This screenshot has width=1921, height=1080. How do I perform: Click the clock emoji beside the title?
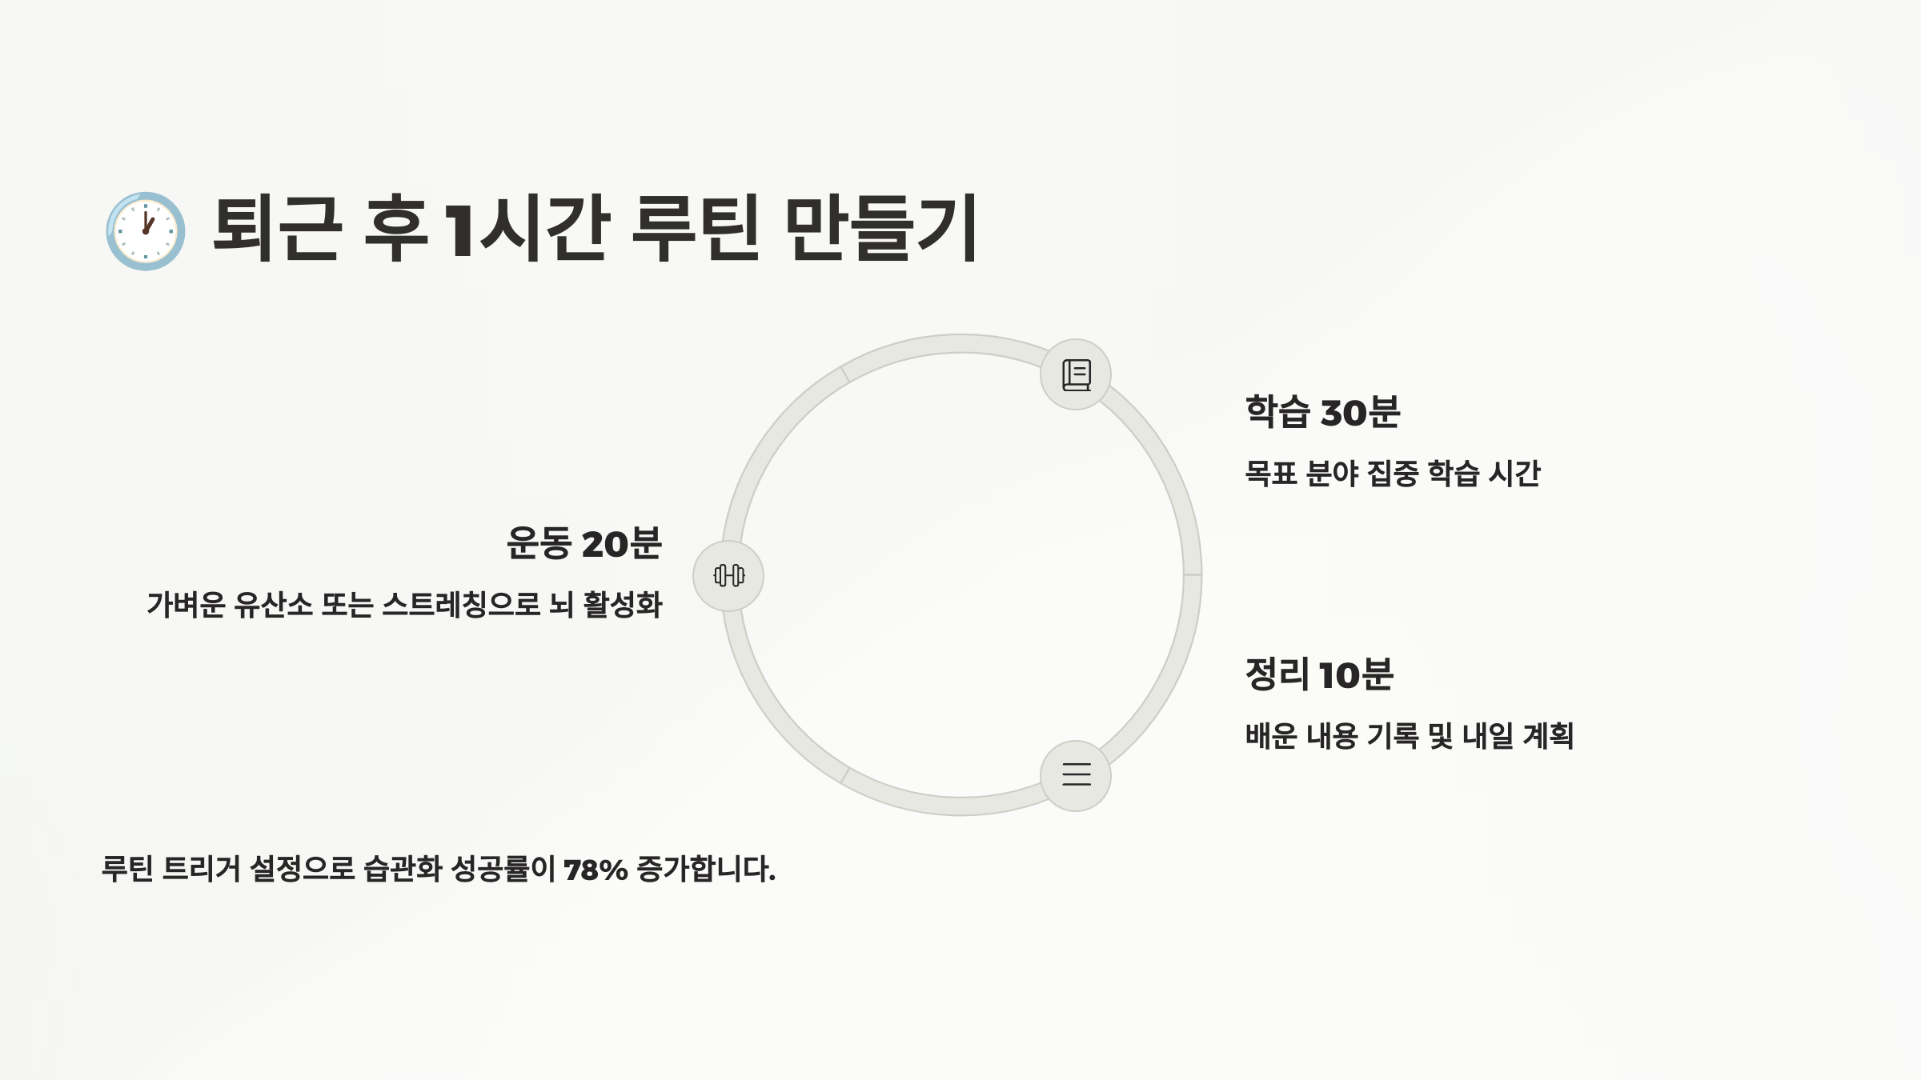(146, 230)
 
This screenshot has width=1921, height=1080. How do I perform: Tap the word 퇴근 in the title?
(277, 229)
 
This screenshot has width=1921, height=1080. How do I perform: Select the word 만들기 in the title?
(880, 229)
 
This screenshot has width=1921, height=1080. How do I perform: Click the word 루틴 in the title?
(695, 229)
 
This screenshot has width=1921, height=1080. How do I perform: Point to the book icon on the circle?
(1076, 374)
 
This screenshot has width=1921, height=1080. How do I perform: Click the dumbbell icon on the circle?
(728, 575)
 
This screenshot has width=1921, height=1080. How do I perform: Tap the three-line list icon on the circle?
(1076, 774)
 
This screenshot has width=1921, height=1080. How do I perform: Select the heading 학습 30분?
(1322, 412)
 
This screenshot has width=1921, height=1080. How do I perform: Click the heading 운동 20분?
(584, 543)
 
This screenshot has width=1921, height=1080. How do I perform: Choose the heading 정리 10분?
(1319, 674)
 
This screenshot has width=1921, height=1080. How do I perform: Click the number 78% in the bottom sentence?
(596, 870)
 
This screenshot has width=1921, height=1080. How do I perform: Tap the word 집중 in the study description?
(1393, 474)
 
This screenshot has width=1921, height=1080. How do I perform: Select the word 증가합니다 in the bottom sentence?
(705, 870)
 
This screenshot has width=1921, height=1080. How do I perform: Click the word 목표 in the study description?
(1270, 474)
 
